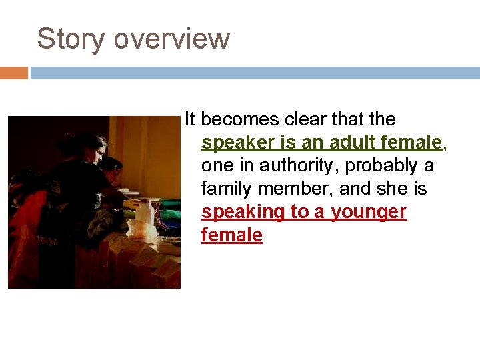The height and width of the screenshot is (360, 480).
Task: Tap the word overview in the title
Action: click(x=171, y=39)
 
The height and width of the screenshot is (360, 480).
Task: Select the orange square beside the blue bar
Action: click(x=13, y=73)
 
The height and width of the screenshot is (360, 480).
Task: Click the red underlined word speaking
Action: click(x=241, y=212)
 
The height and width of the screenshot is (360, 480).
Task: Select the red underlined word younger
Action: click(x=369, y=212)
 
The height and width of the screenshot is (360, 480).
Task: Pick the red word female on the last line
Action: click(x=232, y=235)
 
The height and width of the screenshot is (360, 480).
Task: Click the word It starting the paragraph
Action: click(x=190, y=119)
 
